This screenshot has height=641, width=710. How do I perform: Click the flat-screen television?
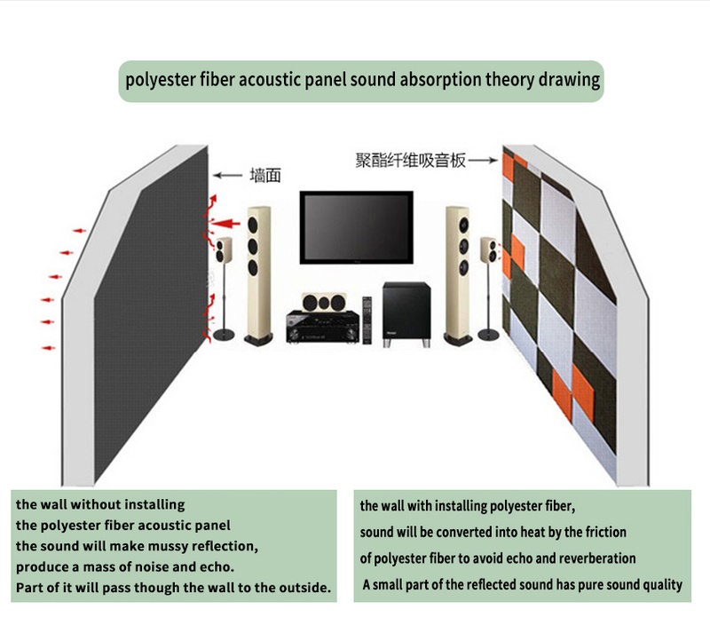point(356,226)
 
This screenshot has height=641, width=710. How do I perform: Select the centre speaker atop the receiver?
point(319,302)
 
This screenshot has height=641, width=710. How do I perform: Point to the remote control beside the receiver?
point(366,320)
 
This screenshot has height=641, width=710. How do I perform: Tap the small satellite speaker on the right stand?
point(488,251)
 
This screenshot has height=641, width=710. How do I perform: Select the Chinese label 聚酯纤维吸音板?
point(409,161)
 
